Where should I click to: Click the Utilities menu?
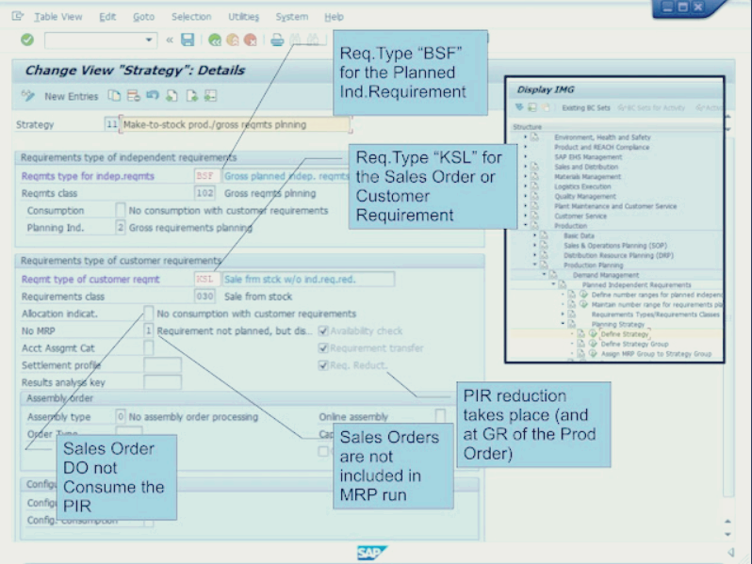pos(244,17)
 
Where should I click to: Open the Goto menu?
pos(143,17)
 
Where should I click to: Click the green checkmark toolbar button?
pos(27,40)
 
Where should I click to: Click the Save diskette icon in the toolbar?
pos(188,40)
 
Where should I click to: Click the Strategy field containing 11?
pos(111,124)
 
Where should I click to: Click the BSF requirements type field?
pos(204,176)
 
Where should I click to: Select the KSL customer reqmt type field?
pos(205,279)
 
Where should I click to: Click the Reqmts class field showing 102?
pos(204,193)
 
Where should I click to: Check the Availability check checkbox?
pos(323,330)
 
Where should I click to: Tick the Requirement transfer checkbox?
pos(323,348)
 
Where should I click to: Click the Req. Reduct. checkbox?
pos(323,365)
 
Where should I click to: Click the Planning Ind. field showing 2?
pos(120,227)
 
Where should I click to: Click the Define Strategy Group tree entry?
pos(635,345)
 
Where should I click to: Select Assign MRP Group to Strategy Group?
pos(655,354)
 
